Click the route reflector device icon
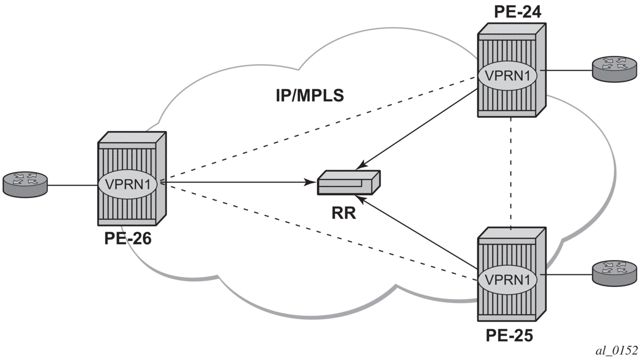point(349,182)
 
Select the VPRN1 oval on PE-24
point(509,76)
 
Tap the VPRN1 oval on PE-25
point(509,280)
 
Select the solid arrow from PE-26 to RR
point(235,183)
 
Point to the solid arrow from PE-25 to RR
point(418,233)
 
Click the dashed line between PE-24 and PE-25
point(511,172)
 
